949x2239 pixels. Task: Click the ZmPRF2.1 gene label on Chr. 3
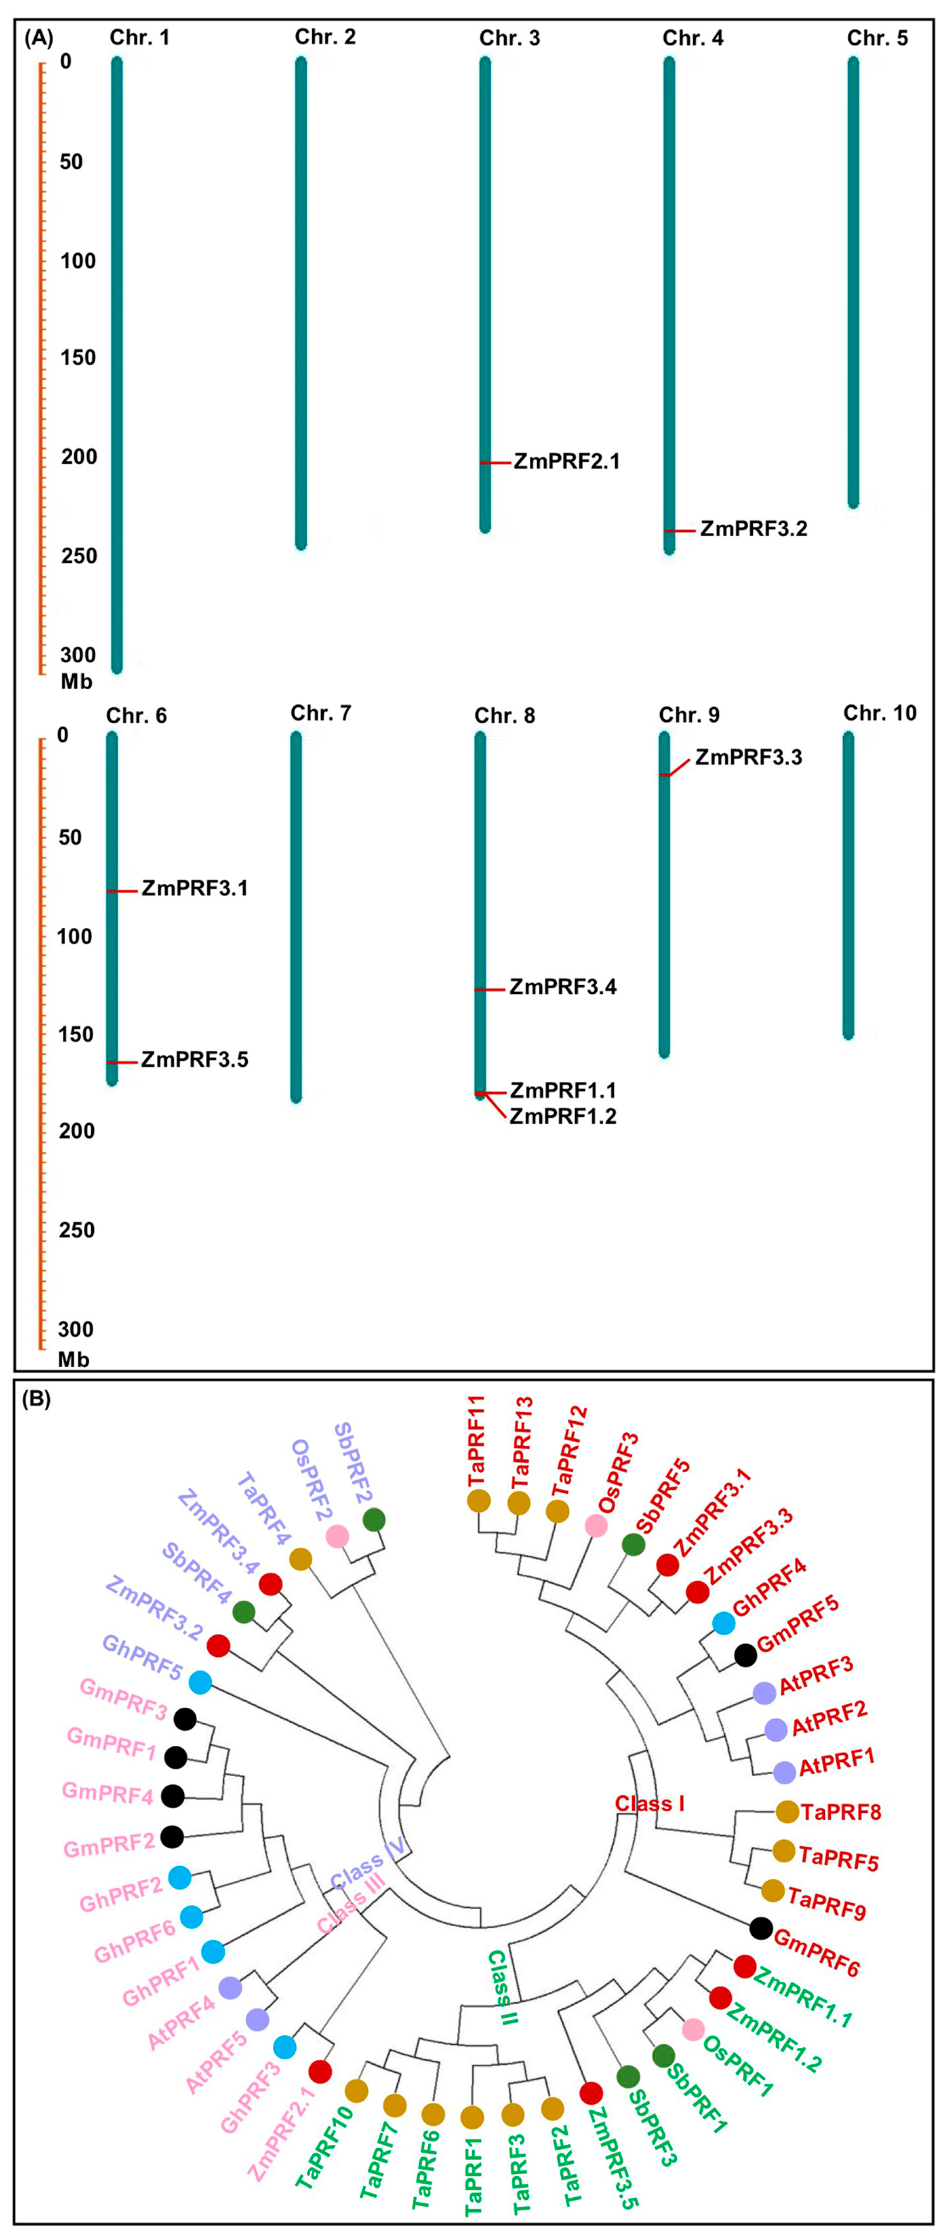[x=567, y=462]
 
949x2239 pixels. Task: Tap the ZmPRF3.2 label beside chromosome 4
[x=754, y=528]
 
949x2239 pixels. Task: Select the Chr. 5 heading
[x=877, y=38]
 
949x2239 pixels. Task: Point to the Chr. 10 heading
[x=880, y=714]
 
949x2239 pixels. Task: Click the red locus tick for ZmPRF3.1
[x=122, y=891]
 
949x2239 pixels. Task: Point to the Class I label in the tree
[x=649, y=1804]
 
